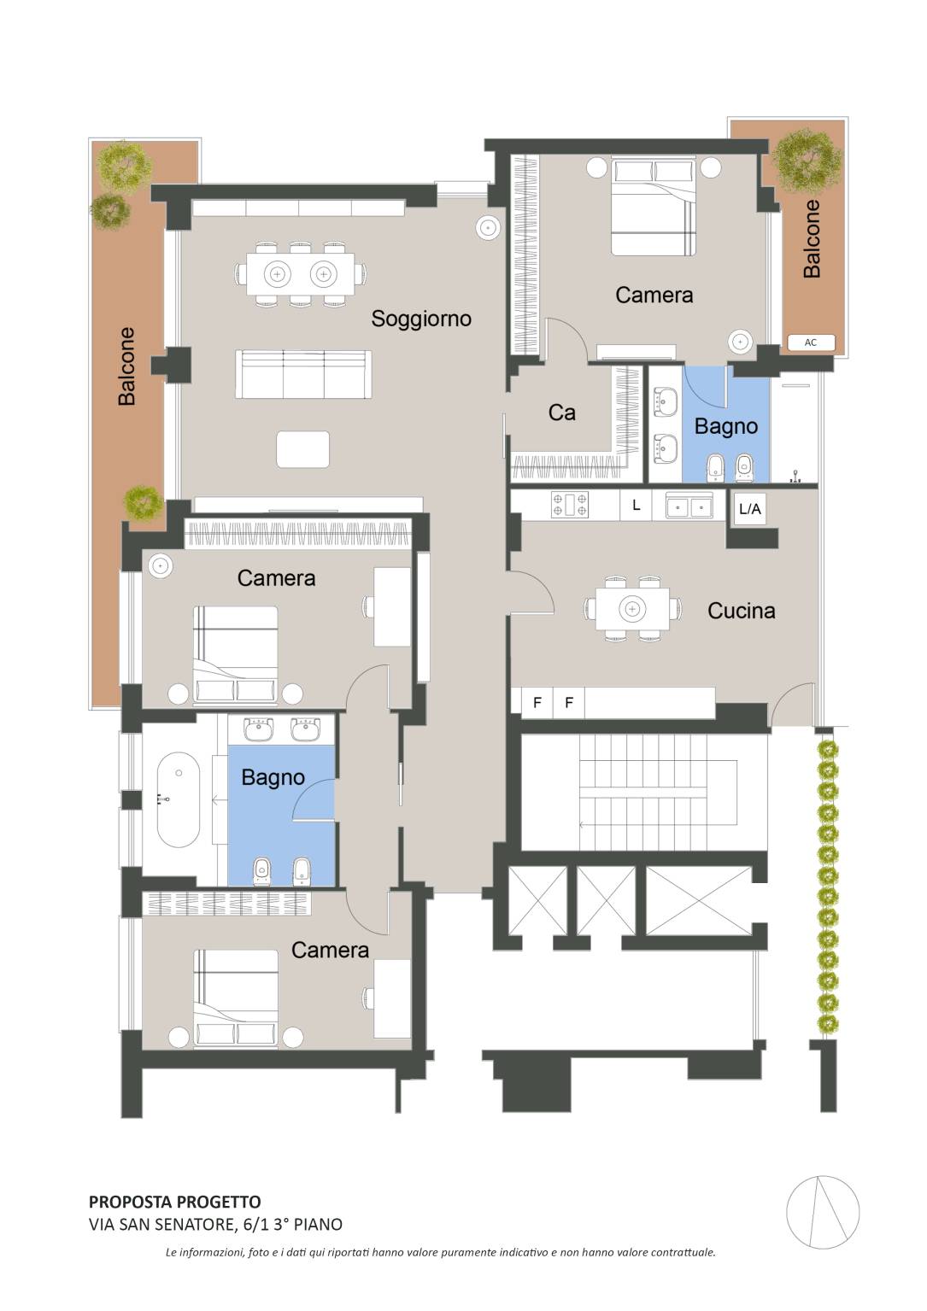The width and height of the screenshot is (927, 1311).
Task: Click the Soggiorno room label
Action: [x=421, y=319]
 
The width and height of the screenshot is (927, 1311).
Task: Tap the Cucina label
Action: [x=742, y=611]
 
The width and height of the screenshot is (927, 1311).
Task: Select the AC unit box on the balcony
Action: [x=811, y=342]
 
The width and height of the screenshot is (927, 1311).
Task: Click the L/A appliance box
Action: [x=749, y=508]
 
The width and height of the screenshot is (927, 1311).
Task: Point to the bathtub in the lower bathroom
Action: [x=179, y=799]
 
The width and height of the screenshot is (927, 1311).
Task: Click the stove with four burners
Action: [x=569, y=505]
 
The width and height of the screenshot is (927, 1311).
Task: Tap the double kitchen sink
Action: [x=689, y=506]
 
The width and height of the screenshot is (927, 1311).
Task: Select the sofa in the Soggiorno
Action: [x=303, y=375]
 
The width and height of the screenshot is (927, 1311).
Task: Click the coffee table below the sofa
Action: [x=302, y=449]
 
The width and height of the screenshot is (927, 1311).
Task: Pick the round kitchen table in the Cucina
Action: [x=632, y=609]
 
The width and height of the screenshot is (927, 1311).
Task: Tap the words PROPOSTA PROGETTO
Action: [x=174, y=1203]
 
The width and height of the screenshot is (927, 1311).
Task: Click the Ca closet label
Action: [x=561, y=413]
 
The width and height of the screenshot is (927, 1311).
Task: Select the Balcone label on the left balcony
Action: [x=126, y=366]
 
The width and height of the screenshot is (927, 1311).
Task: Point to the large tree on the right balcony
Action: [x=807, y=161]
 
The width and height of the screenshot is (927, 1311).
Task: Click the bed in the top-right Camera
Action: [x=653, y=206]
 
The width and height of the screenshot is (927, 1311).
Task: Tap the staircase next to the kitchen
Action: [x=644, y=793]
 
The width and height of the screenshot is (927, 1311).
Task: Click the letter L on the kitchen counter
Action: [x=637, y=505]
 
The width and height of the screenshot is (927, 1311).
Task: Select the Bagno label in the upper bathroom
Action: [x=726, y=427]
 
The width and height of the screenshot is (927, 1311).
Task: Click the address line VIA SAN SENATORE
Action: [x=215, y=1224]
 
